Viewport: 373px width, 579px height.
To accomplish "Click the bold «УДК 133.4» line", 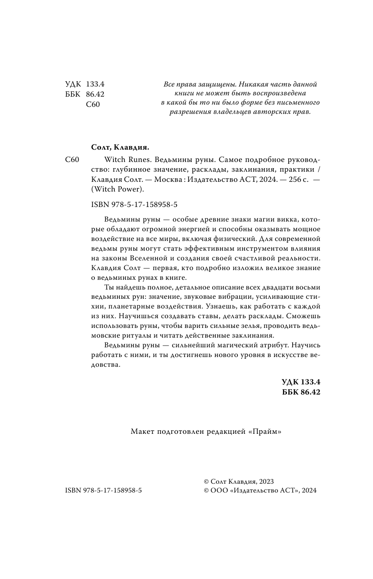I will [x=301, y=382].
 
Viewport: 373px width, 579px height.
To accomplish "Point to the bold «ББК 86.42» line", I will [x=301, y=391].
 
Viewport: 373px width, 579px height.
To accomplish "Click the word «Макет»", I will [x=142, y=432].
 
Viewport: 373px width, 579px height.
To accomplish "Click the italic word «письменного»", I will [x=298, y=102].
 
